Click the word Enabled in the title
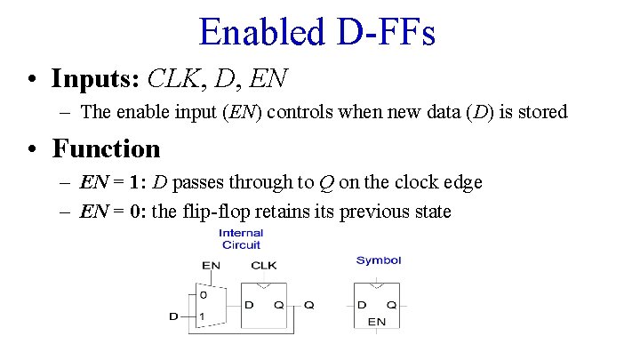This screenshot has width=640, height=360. (x=261, y=32)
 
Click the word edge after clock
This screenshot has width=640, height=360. (x=459, y=183)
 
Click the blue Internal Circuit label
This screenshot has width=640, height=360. (x=242, y=239)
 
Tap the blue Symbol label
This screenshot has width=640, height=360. (x=379, y=260)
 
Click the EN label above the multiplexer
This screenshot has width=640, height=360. (x=211, y=265)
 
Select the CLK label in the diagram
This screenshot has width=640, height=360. (x=264, y=265)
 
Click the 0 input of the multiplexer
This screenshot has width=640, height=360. (x=203, y=294)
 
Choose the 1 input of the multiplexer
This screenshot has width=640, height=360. (x=203, y=316)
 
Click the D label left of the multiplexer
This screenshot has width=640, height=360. (x=173, y=316)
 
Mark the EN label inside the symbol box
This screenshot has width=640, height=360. (x=377, y=321)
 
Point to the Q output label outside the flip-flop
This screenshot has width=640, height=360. (x=308, y=305)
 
